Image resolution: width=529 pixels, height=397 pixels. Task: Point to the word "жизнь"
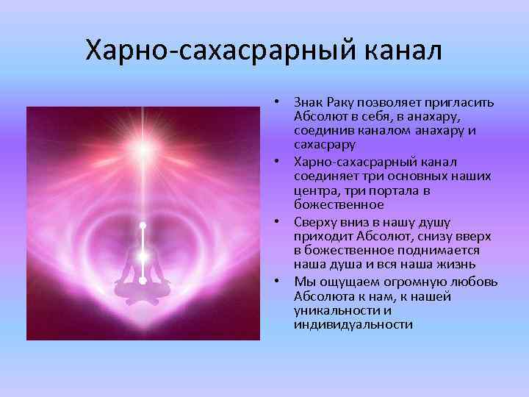pos(458,265)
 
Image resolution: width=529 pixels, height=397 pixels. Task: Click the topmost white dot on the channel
pos(143,225)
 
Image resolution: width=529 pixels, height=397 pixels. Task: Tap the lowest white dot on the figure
pos(143,280)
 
